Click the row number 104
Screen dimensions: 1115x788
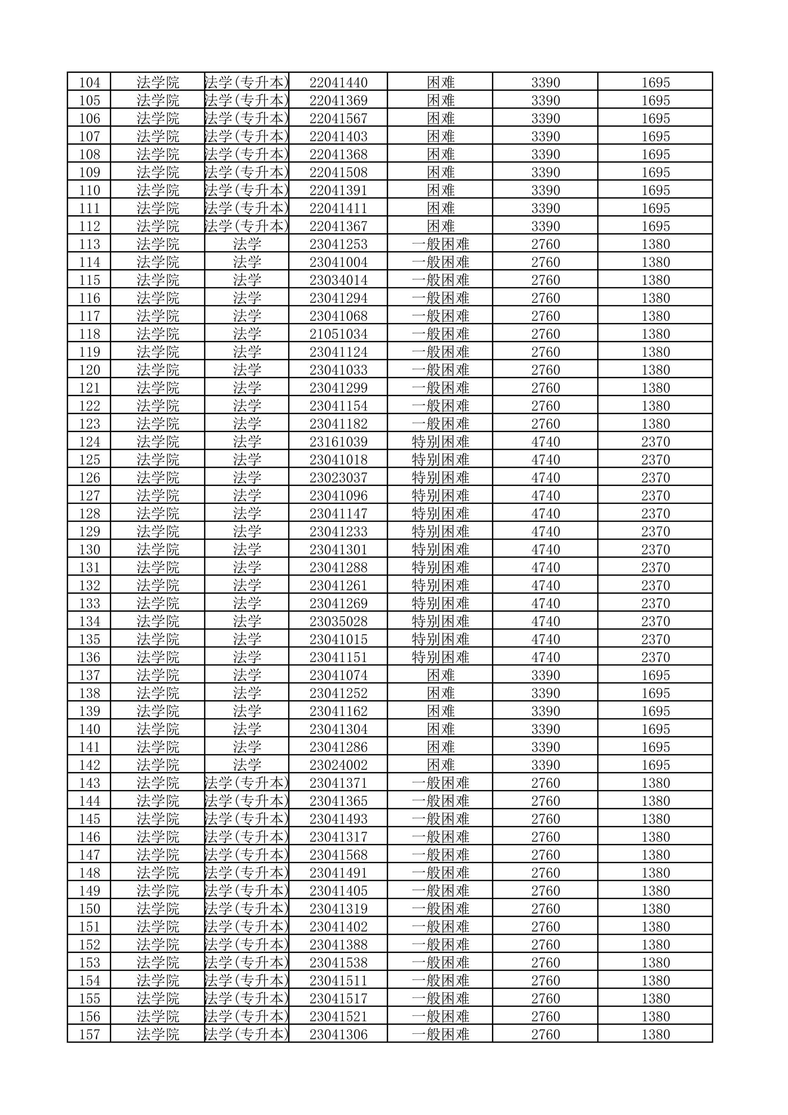point(90,82)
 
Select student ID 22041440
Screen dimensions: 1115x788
point(338,82)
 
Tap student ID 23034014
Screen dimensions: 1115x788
point(338,280)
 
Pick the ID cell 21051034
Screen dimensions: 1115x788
point(338,334)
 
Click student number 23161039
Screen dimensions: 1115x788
point(338,442)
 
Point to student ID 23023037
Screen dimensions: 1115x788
point(338,478)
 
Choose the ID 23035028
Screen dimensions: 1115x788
point(338,621)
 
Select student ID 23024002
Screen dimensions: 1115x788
point(338,765)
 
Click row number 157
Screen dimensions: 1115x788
point(90,1035)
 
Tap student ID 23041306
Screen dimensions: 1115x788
point(338,1035)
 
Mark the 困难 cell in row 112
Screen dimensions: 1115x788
point(441,226)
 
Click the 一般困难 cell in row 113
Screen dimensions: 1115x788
point(441,244)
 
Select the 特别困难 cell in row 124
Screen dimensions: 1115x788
point(441,442)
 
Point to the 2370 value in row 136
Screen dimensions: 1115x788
point(656,658)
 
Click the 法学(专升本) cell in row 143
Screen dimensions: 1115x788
point(247,784)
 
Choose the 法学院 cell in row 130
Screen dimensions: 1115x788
point(158,550)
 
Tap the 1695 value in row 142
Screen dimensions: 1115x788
point(656,765)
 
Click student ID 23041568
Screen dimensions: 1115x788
point(338,855)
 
